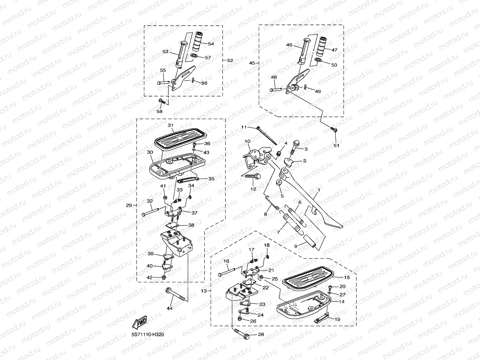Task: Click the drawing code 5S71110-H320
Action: pos(148,335)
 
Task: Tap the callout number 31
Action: pos(170,125)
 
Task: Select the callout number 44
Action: pos(170,308)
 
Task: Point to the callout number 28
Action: pos(261,335)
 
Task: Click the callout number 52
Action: pos(230,60)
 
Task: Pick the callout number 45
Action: pos(252,62)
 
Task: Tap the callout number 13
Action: pos(204,291)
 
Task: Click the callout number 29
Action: pos(129,205)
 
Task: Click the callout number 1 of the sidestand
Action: pos(319,190)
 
